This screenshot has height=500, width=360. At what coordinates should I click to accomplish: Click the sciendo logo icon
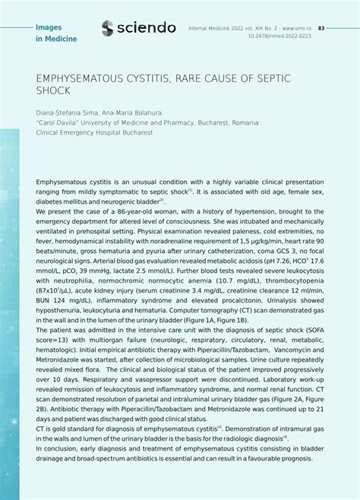(108, 28)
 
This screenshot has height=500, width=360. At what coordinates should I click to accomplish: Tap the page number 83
(321, 27)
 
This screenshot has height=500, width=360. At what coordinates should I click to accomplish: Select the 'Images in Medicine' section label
(56, 33)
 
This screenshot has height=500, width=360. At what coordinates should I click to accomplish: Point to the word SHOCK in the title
(53, 90)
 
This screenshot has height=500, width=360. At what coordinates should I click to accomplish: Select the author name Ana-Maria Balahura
(132, 112)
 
